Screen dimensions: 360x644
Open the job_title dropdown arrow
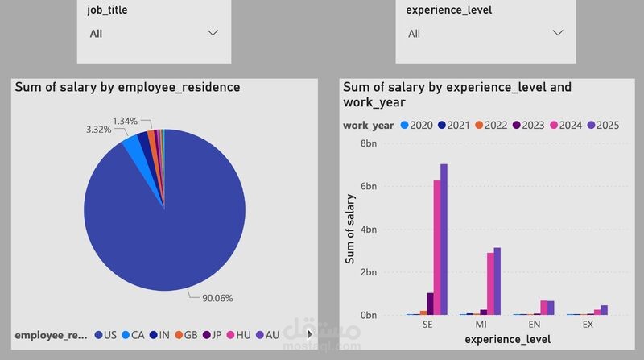(x=213, y=33)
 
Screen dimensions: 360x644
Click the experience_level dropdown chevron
(x=558, y=33)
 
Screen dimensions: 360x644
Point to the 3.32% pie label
(x=98, y=129)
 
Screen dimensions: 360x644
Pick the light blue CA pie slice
(x=130, y=143)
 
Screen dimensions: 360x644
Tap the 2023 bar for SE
(x=430, y=304)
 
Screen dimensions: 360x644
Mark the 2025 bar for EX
(x=604, y=310)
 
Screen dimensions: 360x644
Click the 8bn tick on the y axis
(x=368, y=143)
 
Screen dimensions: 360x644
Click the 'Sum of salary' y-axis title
(x=350, y=230)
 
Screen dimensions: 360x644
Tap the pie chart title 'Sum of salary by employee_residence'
(x=127, y=87)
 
